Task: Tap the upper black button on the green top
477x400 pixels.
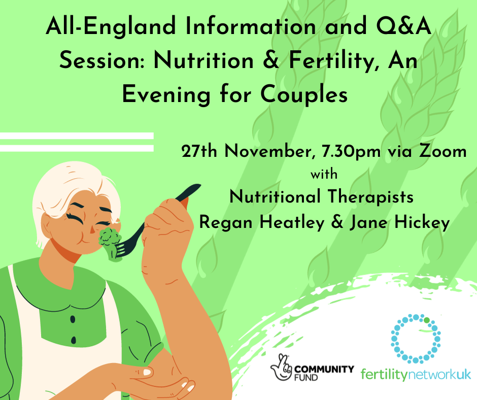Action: click(72, 319)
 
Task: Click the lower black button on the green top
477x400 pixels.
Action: click(74, 340)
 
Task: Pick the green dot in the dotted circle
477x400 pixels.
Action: click(427, 320)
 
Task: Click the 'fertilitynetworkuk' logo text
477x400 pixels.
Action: click(416, 375)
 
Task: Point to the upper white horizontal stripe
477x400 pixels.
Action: click(76, 136)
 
